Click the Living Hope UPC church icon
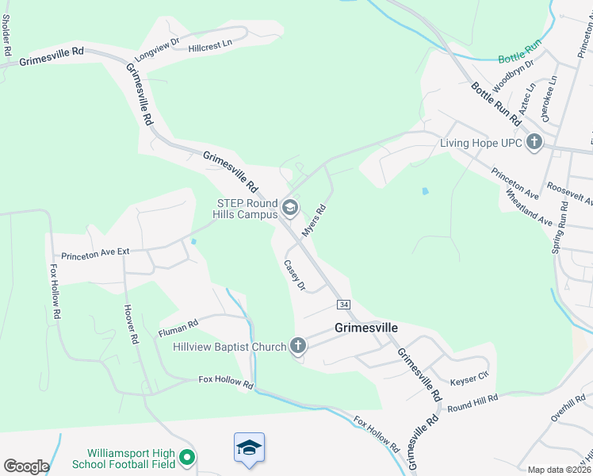[x=535, y=144]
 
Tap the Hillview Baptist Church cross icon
[x=298, y=345]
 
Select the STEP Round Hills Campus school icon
[x=290, y=208]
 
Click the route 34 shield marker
[x=343, y=305]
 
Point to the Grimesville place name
[x=366, y=327]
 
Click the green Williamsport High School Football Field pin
[x=187, y=457]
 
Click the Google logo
[x=26, y=466]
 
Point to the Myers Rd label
[x=315, y=220]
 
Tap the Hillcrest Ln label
[x=210, y=48]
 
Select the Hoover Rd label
[x=132, y=325]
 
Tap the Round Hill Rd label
[x=472, y=402]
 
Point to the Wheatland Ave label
[x=528, y=208]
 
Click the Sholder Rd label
[x=7, y=37]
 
